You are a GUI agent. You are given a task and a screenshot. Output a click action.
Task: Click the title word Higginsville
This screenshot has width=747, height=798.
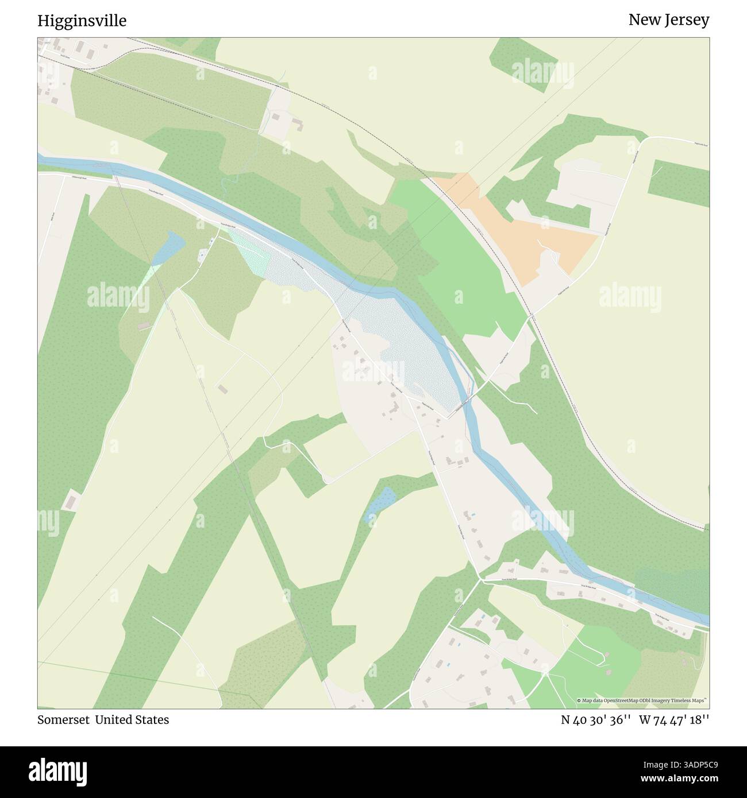coord(82,21)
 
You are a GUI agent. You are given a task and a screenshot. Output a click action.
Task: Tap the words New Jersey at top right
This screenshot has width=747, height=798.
coord(668,20)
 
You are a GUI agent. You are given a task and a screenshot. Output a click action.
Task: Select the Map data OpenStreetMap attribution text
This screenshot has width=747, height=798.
coord(644,700)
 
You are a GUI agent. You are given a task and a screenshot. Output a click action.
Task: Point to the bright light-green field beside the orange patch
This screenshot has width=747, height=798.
coord(454,258)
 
